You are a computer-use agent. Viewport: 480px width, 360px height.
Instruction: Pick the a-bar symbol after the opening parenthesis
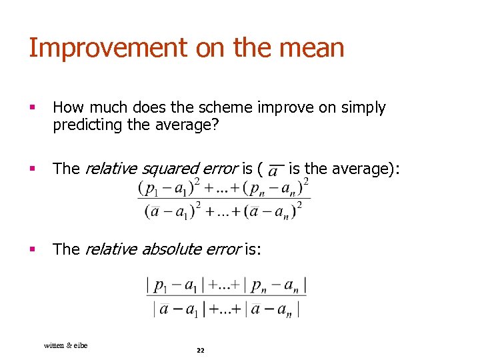(x=274, y=171)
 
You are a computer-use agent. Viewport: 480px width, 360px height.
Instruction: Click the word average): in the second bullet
(x=363, y=169)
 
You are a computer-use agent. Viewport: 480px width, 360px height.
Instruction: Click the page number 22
(x=200, y=351)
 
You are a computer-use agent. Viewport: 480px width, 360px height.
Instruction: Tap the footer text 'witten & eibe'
(x=65, y=345)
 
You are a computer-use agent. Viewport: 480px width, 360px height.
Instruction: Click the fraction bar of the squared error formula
(x=223, y=199)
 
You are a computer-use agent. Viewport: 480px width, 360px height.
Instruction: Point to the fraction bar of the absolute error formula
(x=226, y=296)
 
